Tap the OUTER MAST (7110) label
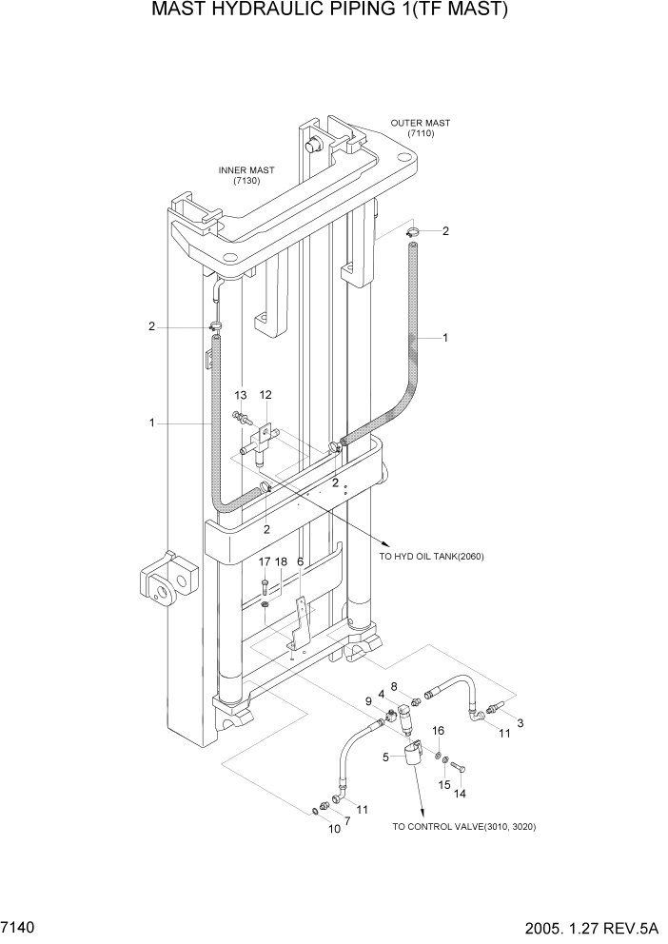421,128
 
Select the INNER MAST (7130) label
246,175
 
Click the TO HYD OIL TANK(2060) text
430,557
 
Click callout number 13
241,395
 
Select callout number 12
265,395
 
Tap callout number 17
265,562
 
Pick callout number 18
281,562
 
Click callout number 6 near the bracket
301,562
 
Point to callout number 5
386,757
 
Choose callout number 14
461,793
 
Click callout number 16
438,730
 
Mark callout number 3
520,724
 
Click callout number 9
368,702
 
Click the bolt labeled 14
459,767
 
